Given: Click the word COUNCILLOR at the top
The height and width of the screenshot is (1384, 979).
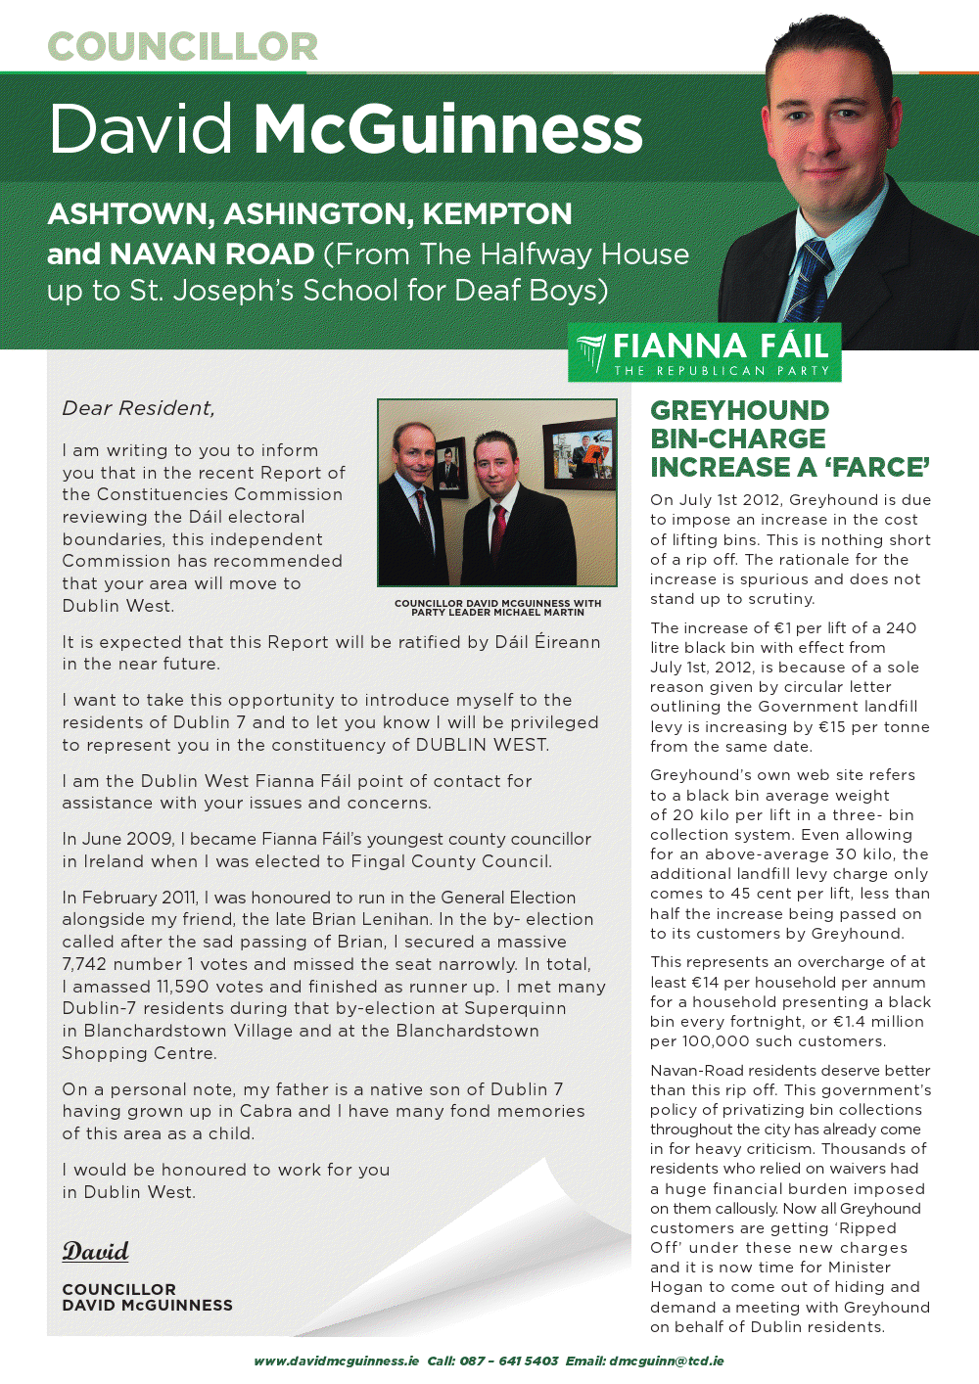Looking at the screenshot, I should tap(183, 46).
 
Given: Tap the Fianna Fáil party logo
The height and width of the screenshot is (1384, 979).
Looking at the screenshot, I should tap(704, 353).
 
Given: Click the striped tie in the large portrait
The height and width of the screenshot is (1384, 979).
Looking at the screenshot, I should tap(808, 280).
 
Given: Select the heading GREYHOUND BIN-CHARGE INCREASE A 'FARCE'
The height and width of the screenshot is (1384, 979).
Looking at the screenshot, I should tap(789, 438).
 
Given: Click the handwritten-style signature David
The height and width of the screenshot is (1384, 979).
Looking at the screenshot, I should tap(96, 1251).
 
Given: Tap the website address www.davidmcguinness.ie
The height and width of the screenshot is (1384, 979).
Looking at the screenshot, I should tap(336, 1361).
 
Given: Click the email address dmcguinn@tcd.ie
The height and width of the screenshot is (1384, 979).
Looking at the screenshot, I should tap(666, 1361).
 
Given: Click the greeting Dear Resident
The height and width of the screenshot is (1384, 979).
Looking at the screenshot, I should tap(138, 408).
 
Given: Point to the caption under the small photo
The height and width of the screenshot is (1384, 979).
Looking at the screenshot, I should tap(497, 608).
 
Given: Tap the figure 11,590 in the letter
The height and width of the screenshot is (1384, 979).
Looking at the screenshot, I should tap(178, 987).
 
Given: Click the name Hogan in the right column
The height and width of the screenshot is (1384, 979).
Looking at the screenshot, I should tap(676, 1287).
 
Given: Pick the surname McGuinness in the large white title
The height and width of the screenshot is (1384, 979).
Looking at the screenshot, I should tap(447, 128).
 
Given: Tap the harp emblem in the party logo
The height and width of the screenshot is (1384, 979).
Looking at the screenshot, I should tap(591, 353).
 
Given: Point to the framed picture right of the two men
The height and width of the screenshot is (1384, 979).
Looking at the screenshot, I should tap(582, 454).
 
